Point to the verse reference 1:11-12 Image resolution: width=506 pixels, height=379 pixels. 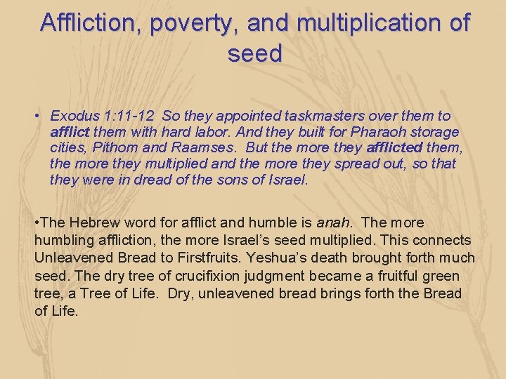click(129, 116)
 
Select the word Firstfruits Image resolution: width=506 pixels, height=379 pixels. click(240, 258)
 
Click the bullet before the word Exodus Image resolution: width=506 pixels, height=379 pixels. click(41, 116)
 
